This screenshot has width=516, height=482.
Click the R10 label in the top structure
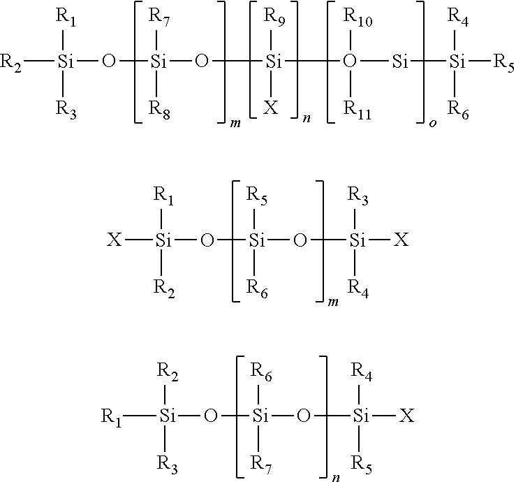(358, 17)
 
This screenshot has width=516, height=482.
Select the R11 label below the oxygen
(357, 110)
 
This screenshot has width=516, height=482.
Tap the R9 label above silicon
(274, 17)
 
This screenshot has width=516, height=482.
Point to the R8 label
(159, 110)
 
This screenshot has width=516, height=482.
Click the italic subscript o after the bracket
(433, 124)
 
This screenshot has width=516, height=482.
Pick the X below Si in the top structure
(271, 108)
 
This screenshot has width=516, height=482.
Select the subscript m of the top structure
(235, 124)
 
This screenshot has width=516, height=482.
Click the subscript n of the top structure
(307, 119)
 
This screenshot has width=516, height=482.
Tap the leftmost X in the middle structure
(115, 240)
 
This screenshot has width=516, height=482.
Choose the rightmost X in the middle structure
(401, 240)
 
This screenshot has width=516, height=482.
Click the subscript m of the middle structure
(333, 302)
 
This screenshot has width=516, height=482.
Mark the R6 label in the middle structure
(257, 289)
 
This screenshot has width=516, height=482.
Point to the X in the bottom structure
(407, 416)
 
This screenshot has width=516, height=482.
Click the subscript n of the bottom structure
(336, 478)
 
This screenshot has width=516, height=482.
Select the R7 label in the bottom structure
(261, 465)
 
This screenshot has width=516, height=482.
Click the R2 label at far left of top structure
(11, 63)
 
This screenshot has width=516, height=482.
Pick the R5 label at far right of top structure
(504, 63)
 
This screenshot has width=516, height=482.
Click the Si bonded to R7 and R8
(159, 61)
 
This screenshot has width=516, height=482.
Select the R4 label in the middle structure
(358, 289)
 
